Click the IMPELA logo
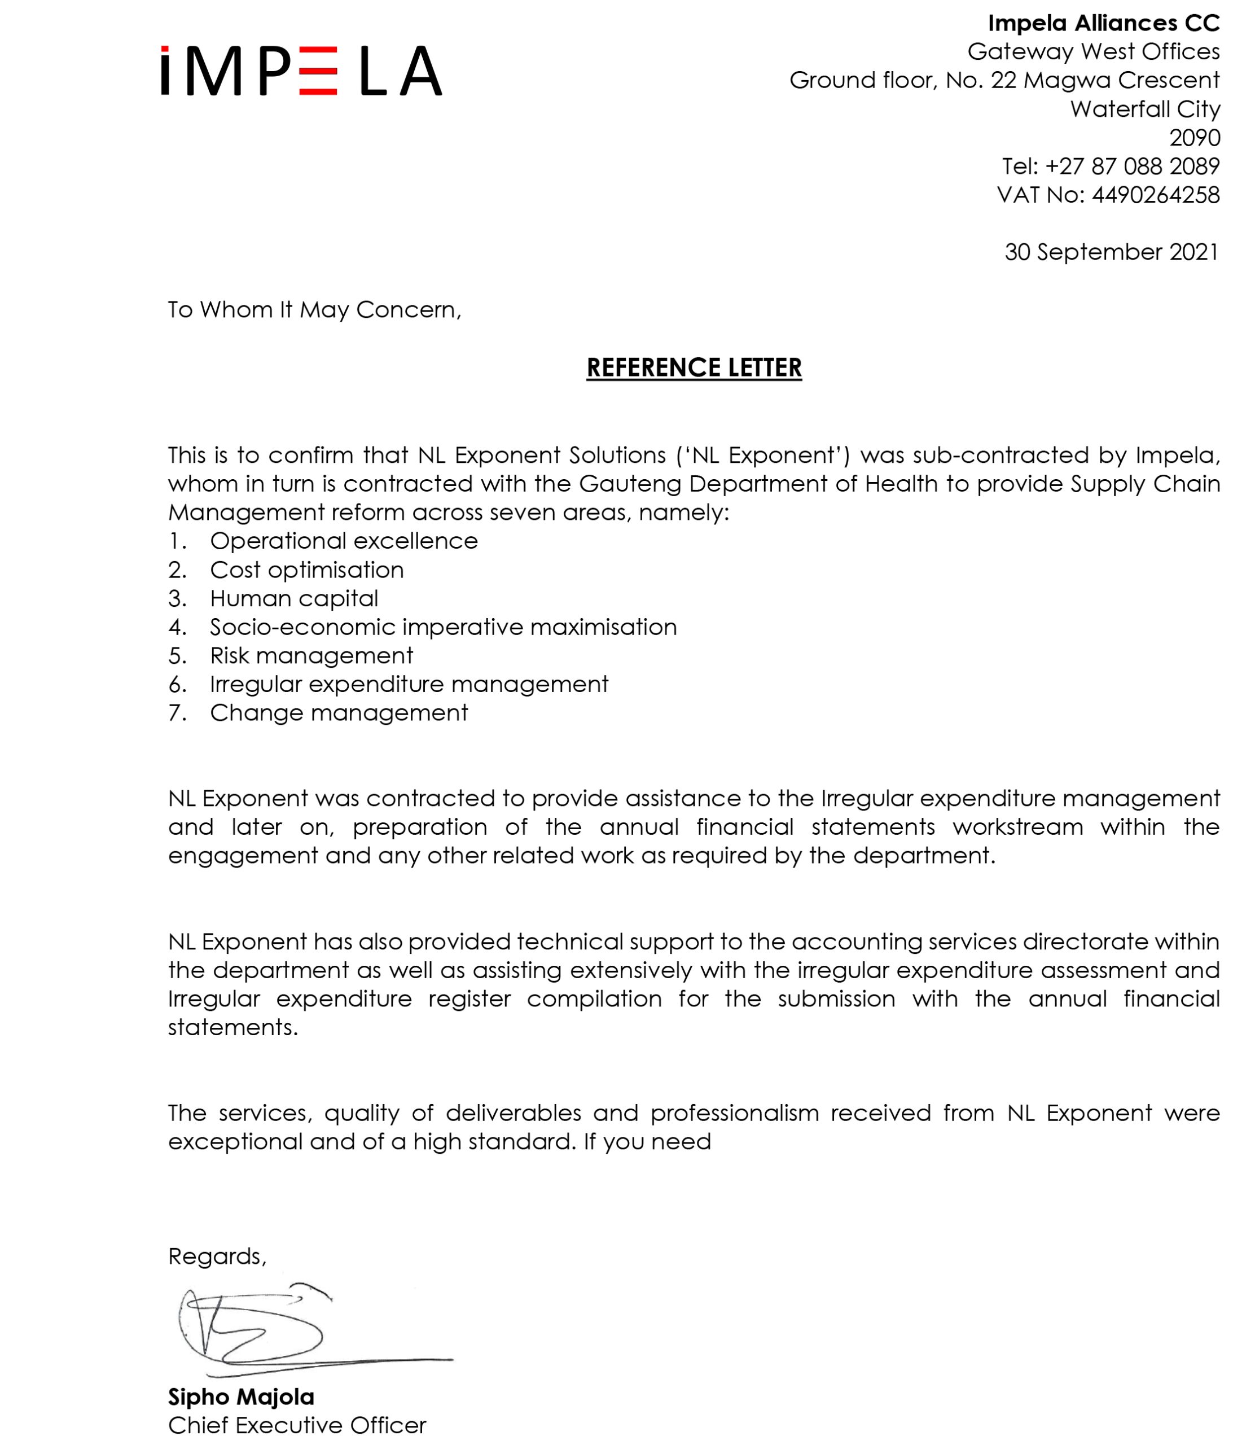pyautogui.click(x=301, y=71)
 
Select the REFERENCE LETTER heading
pyautogui.click(x=694, y=367)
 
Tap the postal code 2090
pyautogui.click(x=1194, y=138)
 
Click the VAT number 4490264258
pyautogui.click(x=1155, y=195)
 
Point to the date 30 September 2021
pyautogui.click(x=1112, y=252)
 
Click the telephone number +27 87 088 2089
pyautogui.click(x=1132, y=166)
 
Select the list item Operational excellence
pyautogui.click(x=343, y=541)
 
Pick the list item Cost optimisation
pyautogui.click(x=307, y=570)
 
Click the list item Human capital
pyautogui.click(x=293, y=598)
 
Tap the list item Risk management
pyautogui.click(x=311, y=655)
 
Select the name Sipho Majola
pyautogui.click(x=241, y=1398)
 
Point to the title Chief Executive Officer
pyautogui.click(x=297, y=1425)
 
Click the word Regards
pyautogui.click(x=216, y=1256)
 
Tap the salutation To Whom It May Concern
pyautogui.click(x=314, y=309)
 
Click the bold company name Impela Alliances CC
pyautogui.click(x=1103, y=23)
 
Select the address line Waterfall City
pyautogui.click(x=1144, y=110)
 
